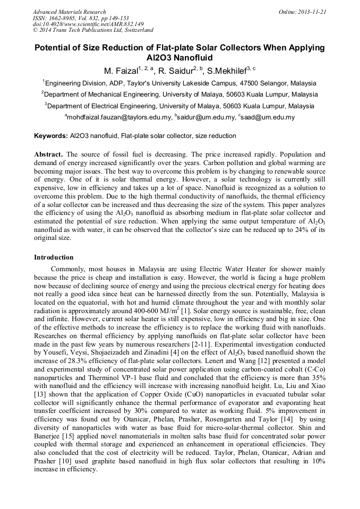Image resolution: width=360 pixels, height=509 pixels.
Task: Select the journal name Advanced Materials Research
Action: tap(69, 12)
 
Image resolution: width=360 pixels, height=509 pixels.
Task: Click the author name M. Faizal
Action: tap(121, 71)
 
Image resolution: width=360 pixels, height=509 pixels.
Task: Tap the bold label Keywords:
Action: tap(51, 136)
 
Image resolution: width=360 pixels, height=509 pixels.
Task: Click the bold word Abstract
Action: tap(48, 154)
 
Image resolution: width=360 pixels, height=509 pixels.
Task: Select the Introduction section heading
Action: tap(54, 257)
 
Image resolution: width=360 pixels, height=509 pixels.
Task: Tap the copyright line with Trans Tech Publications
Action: tap(93, 30)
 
